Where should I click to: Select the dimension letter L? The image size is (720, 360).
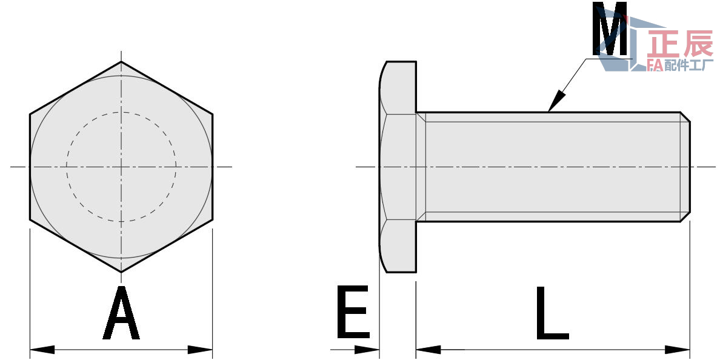(551, 313)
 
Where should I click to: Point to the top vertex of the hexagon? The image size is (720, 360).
(121, 62)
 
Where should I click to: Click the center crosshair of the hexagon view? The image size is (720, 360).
(121, 167)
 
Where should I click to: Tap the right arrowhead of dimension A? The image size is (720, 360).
(201, 350)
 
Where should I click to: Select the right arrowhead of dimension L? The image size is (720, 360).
(679, 350)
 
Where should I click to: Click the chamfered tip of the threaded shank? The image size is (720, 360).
(685, 167)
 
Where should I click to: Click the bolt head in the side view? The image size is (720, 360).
(398, 167)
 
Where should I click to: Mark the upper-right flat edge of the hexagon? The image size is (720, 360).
(167, 88)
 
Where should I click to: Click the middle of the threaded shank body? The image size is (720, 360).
(552, 167)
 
